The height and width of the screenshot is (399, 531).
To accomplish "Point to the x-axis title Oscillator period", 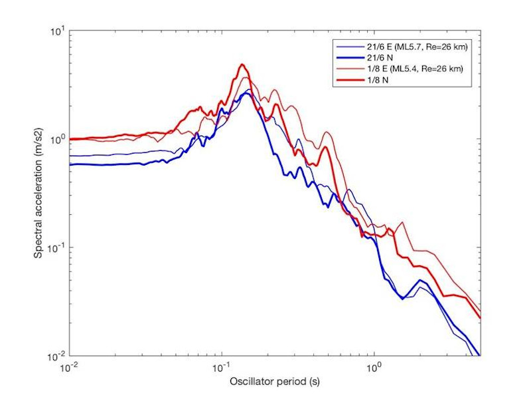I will coord(274,382).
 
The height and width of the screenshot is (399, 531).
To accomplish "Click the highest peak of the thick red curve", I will coord(243,65).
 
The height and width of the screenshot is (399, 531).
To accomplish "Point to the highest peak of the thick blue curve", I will coord(246,93).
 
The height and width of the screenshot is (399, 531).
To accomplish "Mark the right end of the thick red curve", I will coord(479,318).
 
